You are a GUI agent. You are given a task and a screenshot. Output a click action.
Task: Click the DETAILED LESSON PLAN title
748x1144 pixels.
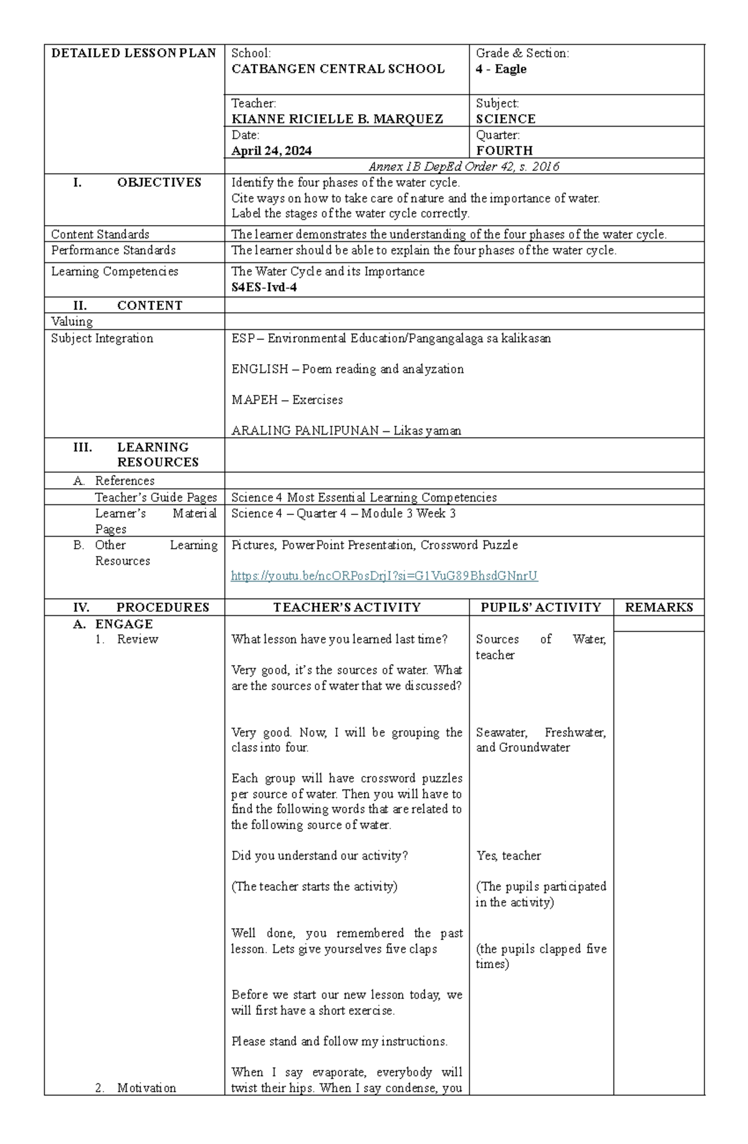point(133,53)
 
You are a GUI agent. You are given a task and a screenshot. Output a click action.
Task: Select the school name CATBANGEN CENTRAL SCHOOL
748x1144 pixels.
point(338,69)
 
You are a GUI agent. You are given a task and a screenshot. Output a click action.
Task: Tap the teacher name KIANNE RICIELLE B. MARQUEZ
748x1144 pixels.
point(337,119)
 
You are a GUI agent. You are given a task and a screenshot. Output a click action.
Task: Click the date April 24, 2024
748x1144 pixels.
point(271,151)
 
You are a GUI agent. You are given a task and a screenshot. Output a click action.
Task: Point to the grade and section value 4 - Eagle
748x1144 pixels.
point(501,69)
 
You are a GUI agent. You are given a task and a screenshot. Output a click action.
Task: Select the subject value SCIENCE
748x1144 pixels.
point(505,119)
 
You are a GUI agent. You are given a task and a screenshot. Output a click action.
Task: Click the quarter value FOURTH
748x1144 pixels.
point(504,151)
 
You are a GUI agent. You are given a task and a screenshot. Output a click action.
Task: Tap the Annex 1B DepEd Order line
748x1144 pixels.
point(464,166)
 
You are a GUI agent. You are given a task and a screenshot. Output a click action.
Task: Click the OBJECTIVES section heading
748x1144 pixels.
point(159,183)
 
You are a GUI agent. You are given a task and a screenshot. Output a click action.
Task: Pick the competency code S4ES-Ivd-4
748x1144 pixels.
point(264,287)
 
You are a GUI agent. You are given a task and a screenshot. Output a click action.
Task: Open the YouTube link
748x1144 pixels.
point(384,576)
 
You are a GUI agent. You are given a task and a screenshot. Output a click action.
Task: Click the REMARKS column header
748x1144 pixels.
point(658,607)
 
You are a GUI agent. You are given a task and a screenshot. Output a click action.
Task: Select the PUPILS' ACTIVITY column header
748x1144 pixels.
point(540,607)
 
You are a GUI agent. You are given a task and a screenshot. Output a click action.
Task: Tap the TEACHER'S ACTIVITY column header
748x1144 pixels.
point(347,607)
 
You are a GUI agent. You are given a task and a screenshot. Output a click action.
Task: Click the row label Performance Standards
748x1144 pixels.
point(113,251)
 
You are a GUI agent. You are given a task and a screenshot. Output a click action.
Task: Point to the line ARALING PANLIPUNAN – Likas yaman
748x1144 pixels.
point(346,431)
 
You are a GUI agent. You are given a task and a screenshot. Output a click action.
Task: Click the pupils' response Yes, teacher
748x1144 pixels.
point(508,856)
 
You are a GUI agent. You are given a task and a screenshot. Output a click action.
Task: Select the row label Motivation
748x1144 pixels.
point(146,1088)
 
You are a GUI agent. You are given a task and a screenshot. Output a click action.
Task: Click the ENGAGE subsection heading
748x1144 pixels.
point(123,624)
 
